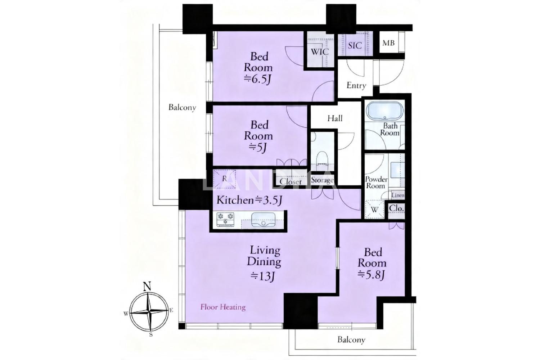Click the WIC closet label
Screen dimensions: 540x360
pyautogui.click(x=320, y=51)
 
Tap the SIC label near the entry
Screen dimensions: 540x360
pyautogui.click(x=355, y=45)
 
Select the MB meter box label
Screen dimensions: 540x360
pyautogui.click(x=388, y=43)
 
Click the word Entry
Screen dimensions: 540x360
pyautogui.click(x=356, y=85)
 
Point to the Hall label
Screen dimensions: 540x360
pyautogui.click(x=335, y=118)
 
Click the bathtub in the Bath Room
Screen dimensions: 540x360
pyautogui.click(x=384, y=110)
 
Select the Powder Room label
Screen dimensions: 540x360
pyautogui.click(x=376, y=183)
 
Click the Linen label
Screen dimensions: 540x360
pyautogui.click(x=398, y=195)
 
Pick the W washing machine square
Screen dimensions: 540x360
pyautogui.click(x=374, y=210)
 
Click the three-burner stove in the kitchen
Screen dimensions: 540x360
pyautogui.click(x=225, y=220)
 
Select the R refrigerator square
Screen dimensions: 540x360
pyautogui.click(x=224, y=179)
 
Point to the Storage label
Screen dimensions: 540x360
pyautogui.click(x=322, y=180)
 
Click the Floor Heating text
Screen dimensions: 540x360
pyautogui.click(x=223, y=307)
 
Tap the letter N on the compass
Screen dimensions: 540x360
pyautogui.click(x=147, y=286)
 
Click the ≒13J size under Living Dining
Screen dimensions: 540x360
pyautogui.click(x=263, y=276)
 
